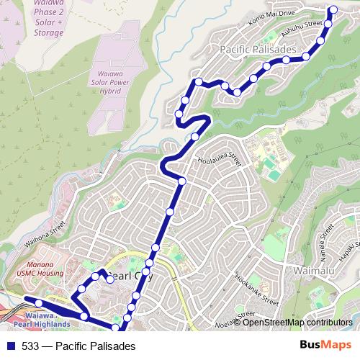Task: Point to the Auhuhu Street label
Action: coord(301,30)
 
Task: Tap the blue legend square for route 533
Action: coord(11,346)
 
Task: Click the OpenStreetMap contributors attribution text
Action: coord(297,323)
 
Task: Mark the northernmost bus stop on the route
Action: coord(333,9)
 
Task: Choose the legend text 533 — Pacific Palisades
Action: coord(78,346)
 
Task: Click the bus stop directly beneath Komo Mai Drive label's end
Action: coord(328,24)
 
